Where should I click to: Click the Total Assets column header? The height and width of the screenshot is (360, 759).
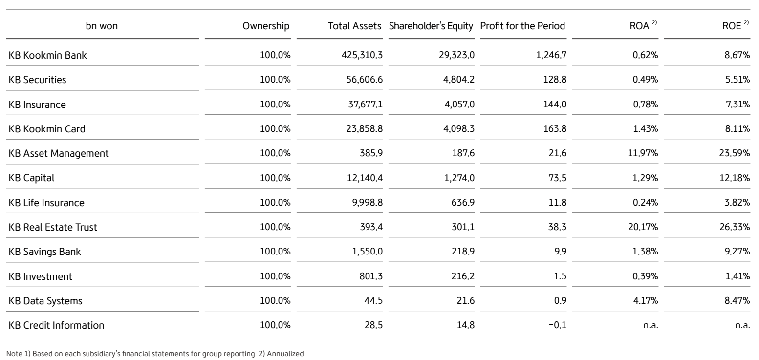click(x=355, y=26)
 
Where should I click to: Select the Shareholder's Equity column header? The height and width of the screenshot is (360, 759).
click(x=431, y=26)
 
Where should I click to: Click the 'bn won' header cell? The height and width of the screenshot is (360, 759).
click(x=102, y=26)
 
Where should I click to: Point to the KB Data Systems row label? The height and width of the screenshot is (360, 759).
click(x=45, y=301)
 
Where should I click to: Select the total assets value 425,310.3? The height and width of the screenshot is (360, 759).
click(x=362, y=55)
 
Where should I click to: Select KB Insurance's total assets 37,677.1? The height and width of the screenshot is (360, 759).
click(x=364, y=104)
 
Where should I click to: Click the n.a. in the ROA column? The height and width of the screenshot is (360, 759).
click(x=652, y=326)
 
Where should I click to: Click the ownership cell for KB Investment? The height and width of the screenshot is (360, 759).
click(x=275, y=276)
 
